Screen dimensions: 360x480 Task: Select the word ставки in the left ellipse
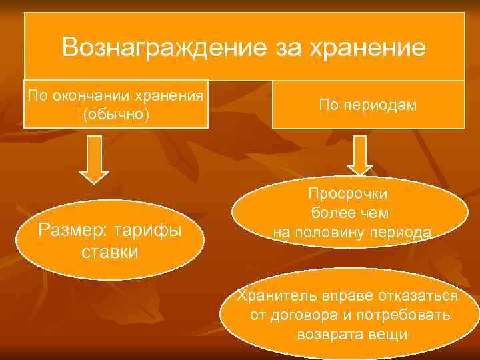pos(109,252)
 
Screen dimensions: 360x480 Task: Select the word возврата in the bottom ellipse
pos(327,334)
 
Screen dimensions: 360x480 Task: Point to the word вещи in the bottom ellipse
pos(388,334)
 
